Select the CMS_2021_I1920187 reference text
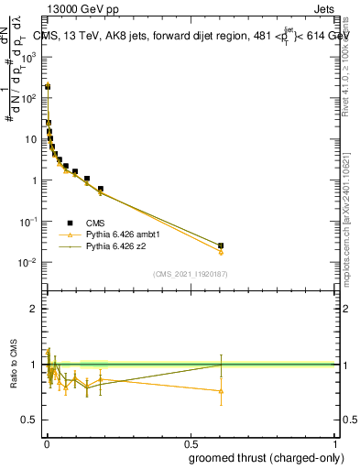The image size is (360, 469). coord(191,273)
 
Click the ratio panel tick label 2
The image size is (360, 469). coord(35,310)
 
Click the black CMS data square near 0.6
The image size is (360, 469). coord(221,245)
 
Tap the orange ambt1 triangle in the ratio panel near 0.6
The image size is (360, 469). coord(221,391)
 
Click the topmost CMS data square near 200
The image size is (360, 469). coord(48,87)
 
